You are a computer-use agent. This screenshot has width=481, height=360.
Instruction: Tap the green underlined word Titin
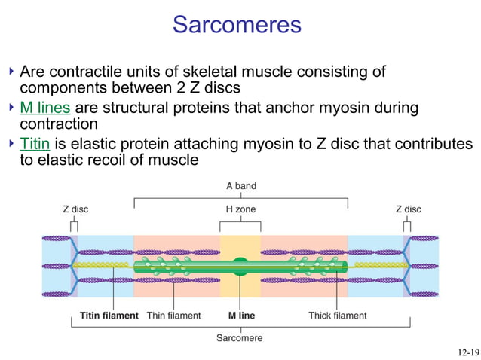click(x=34, y=143)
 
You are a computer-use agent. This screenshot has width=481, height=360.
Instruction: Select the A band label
click(x=240, y=185)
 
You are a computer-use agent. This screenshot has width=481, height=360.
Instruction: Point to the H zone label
click(x=240, y=209)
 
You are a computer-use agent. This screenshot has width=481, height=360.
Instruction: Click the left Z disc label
click(x=75, y=209)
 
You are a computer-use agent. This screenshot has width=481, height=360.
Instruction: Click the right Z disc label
click(x=408, y=209)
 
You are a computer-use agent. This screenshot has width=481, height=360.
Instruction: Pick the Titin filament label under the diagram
click(x=109, y=316)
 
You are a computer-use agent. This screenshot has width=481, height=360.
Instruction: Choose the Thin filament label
click(x=173, y=316)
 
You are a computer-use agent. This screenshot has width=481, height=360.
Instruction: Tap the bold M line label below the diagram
click(x=241, y=316)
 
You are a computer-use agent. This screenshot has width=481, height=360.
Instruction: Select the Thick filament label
click(x=337, y=316)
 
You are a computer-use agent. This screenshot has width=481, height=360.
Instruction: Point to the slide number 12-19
click(x=467, y=352)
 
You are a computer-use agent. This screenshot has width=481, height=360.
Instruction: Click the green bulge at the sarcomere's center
click(x=240, y=265)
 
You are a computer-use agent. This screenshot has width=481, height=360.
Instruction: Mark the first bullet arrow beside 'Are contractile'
click(x=11, y=72)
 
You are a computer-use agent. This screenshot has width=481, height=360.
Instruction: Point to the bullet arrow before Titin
click(x=11, y=143)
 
